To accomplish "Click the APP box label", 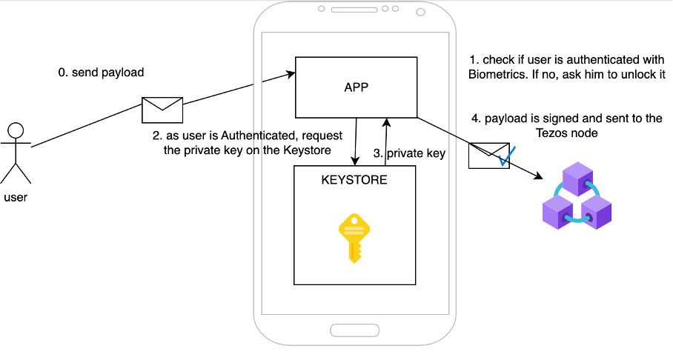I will click(x=357, y=87).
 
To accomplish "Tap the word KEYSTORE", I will click(x=354, y=179).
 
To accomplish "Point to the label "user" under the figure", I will click(x=16, y=197).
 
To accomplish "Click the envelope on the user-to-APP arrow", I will click(x=162, y=110).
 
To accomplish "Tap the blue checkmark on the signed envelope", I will click(x=507, y=156).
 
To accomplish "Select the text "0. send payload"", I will click(x=101, y=73).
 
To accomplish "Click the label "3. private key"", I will click(x=409, y=154).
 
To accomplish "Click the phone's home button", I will click(x=354, y=330).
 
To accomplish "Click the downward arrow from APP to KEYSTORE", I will click(x=357, y=141).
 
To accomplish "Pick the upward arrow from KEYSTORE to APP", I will click(x=385, y=141).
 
